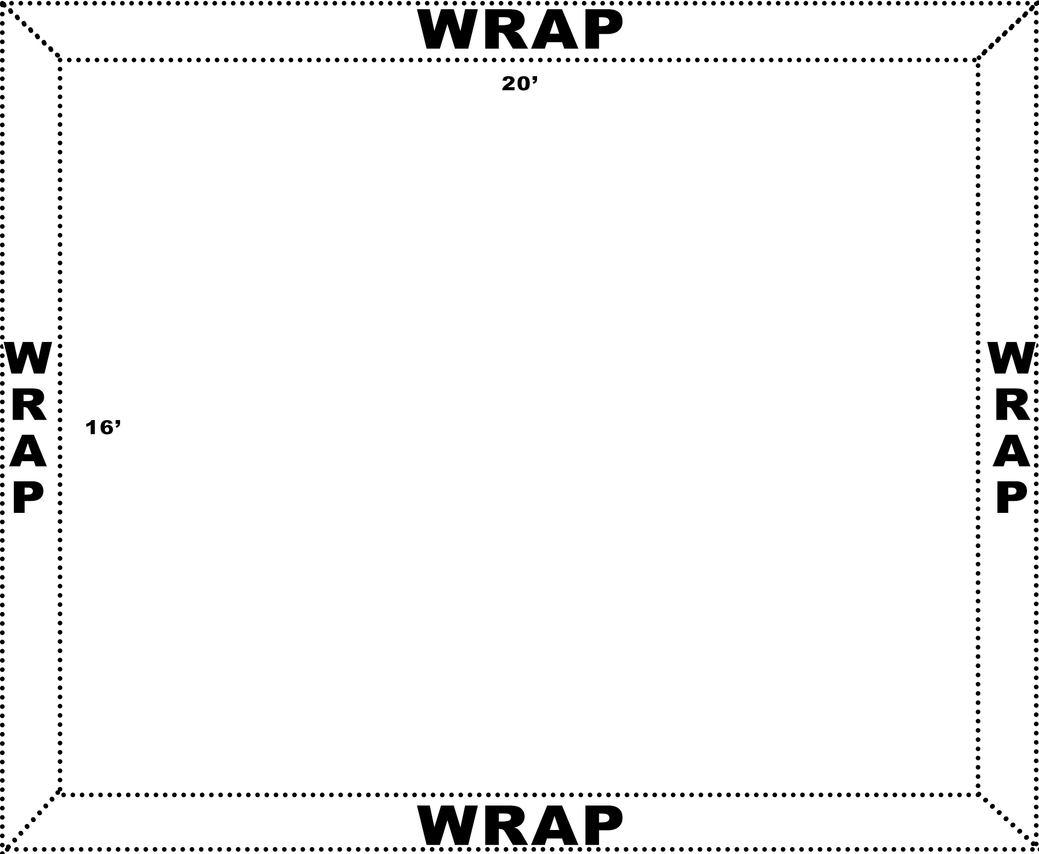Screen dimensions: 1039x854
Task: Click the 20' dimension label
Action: click(520, 84)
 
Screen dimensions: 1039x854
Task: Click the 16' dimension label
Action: click(103, 428)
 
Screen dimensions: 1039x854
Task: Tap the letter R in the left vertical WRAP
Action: click(29, 406)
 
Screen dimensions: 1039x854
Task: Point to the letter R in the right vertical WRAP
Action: click(1012, 406)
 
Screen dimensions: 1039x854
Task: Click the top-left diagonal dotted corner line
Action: click(30, 30)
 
